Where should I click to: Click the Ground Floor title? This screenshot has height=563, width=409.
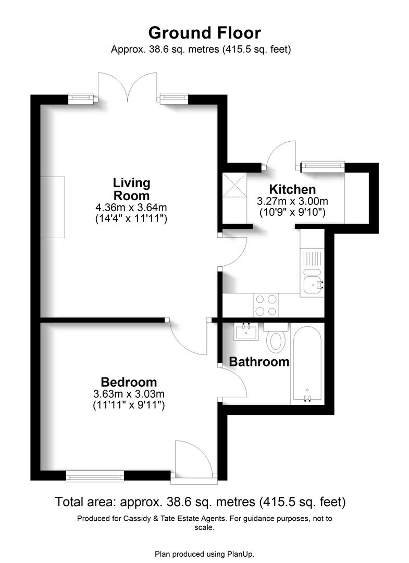click(x=204, y=32)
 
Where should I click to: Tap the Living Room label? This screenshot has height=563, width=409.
click(x=131, y=189)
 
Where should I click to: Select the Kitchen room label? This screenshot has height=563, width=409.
click(x=292, y=189)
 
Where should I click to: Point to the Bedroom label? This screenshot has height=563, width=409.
click(x=129, y=382)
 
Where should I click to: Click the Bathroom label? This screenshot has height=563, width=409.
click(x=259, y=361)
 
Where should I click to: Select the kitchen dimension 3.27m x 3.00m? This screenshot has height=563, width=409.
click(x=292, y=201)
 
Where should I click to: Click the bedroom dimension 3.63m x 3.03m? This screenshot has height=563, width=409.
click(x=129, y=394)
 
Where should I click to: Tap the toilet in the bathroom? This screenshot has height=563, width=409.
click(x=276, y=338)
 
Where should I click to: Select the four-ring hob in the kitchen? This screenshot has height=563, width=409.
click(x=266, y=305)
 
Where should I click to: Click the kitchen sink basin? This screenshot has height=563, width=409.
click(x=313, y=284)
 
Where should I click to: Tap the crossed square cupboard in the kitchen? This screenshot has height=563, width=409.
click(x=234, y=185)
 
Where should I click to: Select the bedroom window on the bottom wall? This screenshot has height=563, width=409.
click(x=95, y=475)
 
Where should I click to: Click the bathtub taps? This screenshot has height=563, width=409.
click(x=308, y=399)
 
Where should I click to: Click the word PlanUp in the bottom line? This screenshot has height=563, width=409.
click(x=240, y=554)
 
